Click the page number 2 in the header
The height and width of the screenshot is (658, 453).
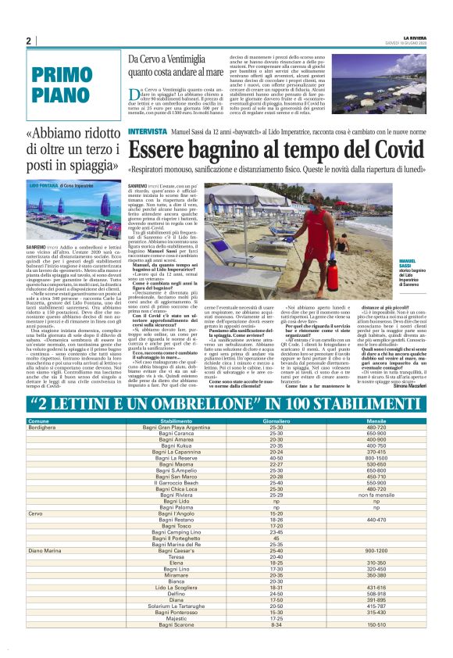pos(28,41)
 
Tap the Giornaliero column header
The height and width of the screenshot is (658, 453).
pos(276,420)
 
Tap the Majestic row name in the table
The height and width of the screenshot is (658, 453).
pos(177,639)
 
